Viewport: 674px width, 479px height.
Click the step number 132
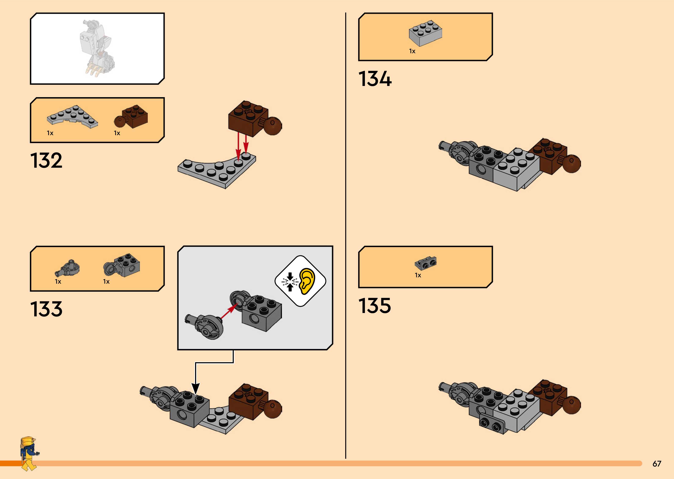pos(46,161)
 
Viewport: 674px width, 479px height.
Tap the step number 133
pos(46,309)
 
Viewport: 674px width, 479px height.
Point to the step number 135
pos(375,306)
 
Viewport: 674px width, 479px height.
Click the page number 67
pos(657,464)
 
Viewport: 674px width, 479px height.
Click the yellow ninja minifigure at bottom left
pos(29,453)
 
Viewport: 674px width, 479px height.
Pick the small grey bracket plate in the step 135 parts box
pos(425,263)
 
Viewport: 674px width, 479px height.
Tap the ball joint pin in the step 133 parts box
pos(68,268)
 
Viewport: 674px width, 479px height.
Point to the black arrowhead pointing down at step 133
pos(195,388)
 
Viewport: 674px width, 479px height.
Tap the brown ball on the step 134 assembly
pos(572,163)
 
